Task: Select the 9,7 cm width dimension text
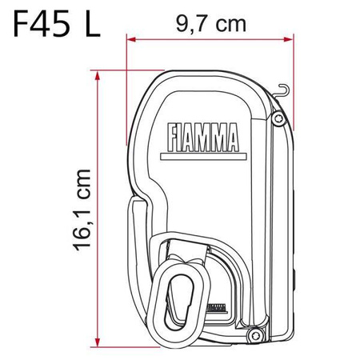[210, 25]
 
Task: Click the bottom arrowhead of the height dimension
[98, 338]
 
